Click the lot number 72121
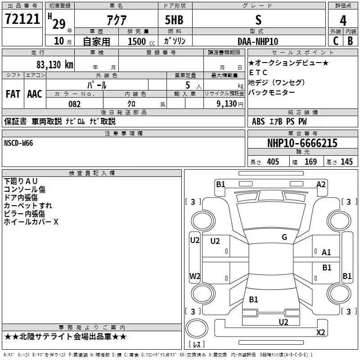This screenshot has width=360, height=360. tap(22, 19)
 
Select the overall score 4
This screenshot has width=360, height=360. tap(343, 21)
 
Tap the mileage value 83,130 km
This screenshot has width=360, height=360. tap(54, 64)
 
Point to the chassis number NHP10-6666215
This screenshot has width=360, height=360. tap(302, 143)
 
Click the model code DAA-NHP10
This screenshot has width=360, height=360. tap(258, 41)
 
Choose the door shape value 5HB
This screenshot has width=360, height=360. tap(174, 20)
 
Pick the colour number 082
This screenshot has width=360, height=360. tap(75, 104)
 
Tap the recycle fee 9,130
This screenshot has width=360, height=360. tap(227, 103)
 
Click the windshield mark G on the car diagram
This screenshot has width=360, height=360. tap(284, 237)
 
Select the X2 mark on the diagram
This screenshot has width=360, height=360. tap(320, 332)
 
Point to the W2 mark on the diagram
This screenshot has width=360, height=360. tap(195, 276)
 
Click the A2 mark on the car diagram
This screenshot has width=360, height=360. tap(321, 184)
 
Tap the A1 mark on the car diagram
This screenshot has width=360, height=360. tap(326, 252)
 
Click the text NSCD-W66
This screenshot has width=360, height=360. tap(18, 143)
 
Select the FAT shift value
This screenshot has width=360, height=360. tap(13, 94)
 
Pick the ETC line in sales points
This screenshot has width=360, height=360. tap(258, 72)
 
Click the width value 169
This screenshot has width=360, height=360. tap(310, 162)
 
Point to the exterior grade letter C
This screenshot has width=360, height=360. tap(336, 41)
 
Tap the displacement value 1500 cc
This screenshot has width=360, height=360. tap(141, 41)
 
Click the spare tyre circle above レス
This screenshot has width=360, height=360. tap(197, 328)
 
